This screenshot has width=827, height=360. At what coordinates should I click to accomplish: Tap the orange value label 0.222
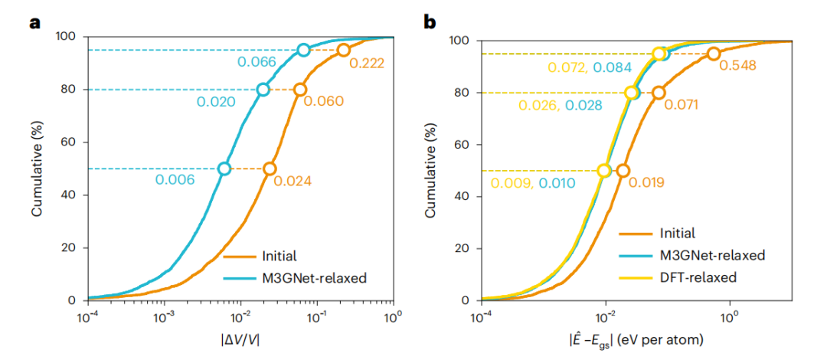(x=366, y=63)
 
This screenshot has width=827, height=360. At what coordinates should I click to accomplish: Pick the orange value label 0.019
(x=647, y=182)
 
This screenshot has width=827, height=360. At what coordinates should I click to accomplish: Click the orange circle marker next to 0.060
(x=300, y=89)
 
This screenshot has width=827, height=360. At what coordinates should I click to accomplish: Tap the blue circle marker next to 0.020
(x=263, y=89)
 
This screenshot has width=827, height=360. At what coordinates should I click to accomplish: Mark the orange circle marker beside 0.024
(x=270, y=169)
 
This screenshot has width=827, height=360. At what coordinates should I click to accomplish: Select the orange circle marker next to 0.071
(x=659, y=93)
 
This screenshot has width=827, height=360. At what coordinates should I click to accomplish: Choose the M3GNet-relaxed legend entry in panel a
(x=295, y=277)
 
